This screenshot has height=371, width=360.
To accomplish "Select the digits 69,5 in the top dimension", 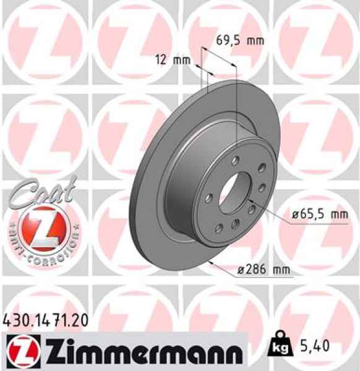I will [228, 41].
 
